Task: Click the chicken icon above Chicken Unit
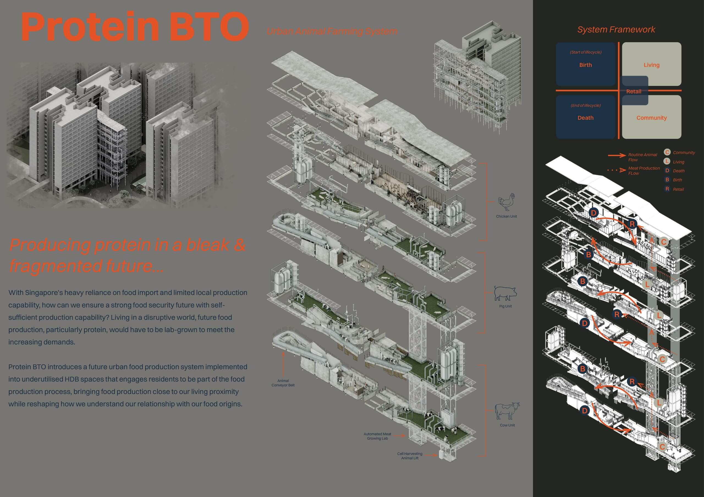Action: click(506, 202)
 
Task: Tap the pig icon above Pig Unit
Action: click(505, 293)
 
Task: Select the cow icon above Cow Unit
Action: click(507, 411)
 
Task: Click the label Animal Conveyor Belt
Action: click(283, 383)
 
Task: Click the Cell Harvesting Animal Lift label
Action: click(410, 456)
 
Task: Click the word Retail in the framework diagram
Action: click(634, 91)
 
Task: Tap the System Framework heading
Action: click(616, 29)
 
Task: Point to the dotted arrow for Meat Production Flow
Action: click(617, 170)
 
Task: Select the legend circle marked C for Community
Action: click(667, 152)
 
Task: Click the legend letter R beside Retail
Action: click(667, 189)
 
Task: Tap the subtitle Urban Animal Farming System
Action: click(332, 31)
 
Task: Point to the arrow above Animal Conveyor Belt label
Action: click(283, 364)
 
